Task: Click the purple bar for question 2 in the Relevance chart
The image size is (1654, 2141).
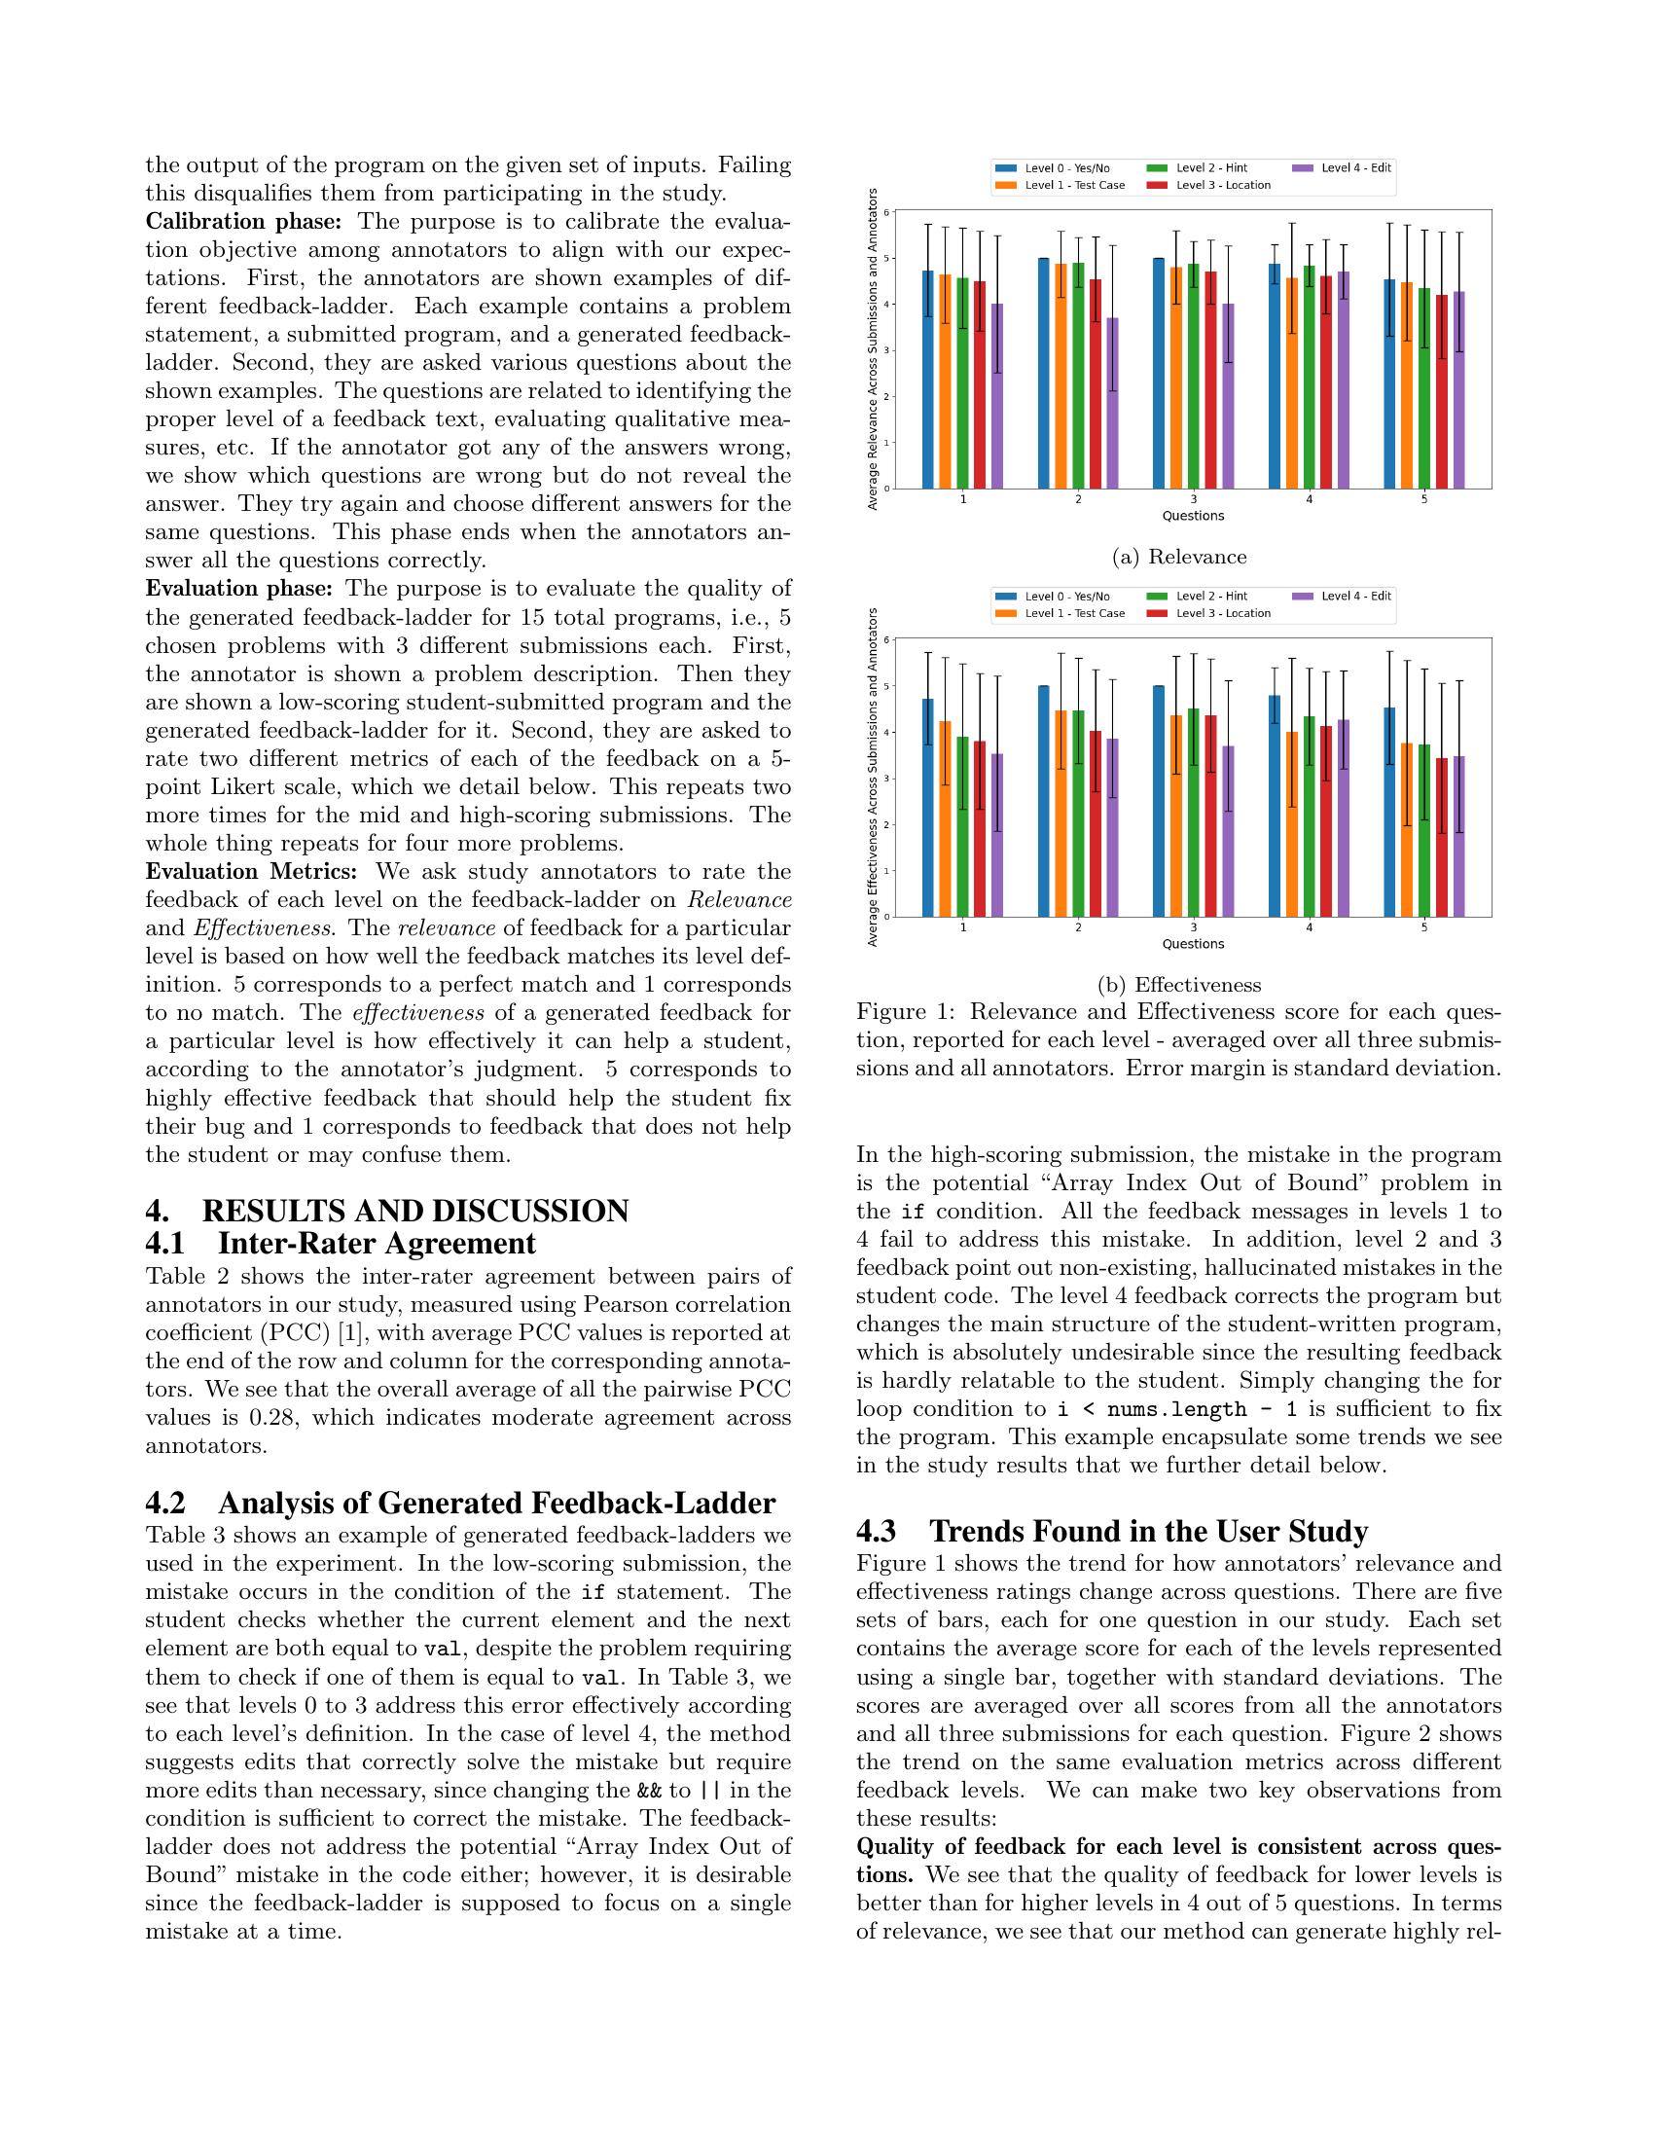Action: pyautogui.click(x=1112, y=403)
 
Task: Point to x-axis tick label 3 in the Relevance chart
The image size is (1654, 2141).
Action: pyautogui.click(x=1193, y=499)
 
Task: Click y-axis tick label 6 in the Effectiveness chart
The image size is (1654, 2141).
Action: pyautogui.click(x=887, y=640)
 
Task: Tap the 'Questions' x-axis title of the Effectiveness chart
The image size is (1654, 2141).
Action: pyautogui.click(x=1193, y=944)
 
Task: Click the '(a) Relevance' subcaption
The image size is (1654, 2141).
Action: pyautogui.click(x=1179, y=557)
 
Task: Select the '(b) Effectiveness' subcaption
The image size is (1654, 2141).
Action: pyautogui.click(x=1179, y=985)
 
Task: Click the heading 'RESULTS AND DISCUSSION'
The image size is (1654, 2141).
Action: pyautogui.click(x=415, y=1211)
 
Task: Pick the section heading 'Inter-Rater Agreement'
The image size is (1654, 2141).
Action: pyautogui.click(x=377, y=1243)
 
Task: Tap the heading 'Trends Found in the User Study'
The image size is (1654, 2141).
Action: pyautogui.click(x=1148, y=1531)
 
